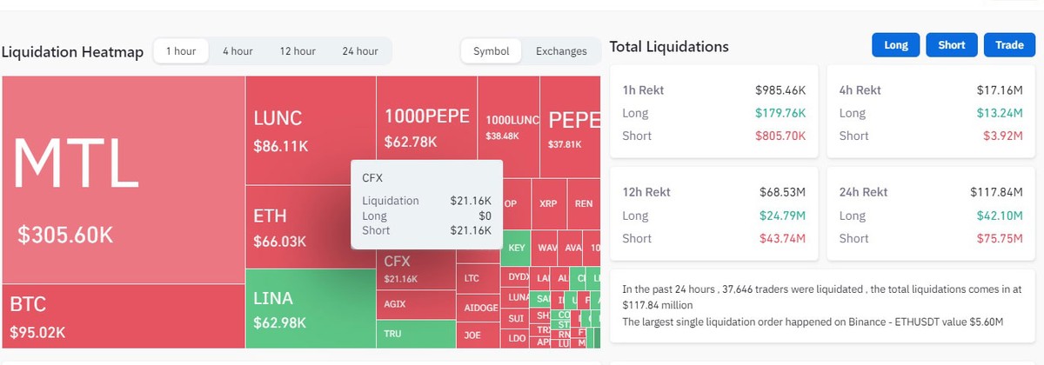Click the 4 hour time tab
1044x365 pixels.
tap(237, 51)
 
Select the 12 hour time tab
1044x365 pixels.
tap(298, 51)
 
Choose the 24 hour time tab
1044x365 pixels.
tap(360, 51)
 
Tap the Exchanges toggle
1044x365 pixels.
tap(561, 51)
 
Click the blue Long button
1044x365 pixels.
tap(895, 45)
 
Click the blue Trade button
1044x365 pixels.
tap(1009, 45)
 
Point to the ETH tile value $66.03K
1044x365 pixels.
tap(280, 241)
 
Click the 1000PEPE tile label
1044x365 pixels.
tap(426, 116)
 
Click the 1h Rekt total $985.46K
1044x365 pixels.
tap(780, 90)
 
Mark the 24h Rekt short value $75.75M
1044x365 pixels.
tap(998, 238)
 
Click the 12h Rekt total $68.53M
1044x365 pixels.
tap(781, 192)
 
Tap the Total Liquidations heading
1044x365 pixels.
tap(669, 46)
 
